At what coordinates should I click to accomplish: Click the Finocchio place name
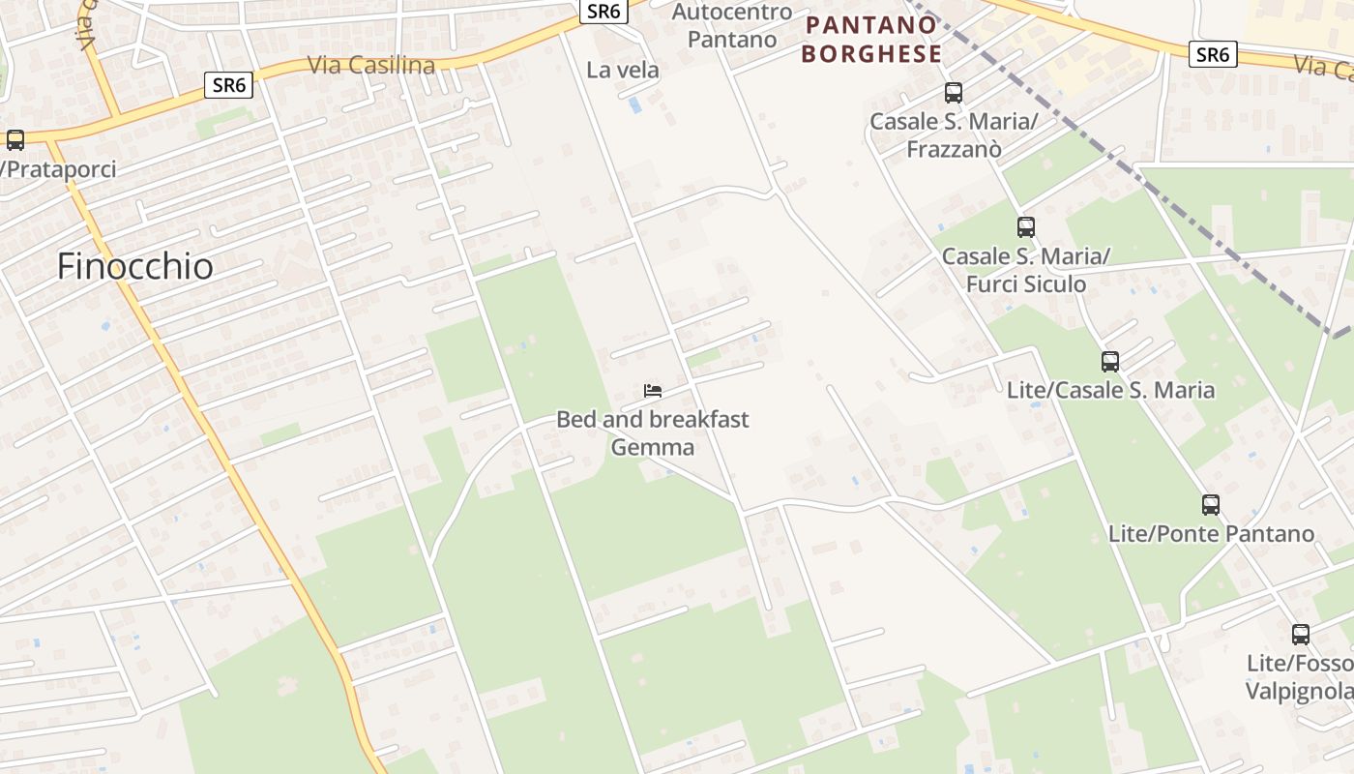[134, 266]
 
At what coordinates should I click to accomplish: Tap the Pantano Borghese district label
[871, 40]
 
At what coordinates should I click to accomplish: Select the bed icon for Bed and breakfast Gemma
[653, 391]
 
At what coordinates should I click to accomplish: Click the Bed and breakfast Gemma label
[653, 432]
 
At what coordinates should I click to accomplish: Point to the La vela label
[623, 70]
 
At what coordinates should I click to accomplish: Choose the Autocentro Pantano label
[732, 26]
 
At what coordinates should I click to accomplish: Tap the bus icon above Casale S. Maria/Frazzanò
[954, 93]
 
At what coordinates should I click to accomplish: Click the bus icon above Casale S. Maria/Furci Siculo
[1026, 227]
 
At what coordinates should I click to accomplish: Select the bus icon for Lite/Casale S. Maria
[1110, 362]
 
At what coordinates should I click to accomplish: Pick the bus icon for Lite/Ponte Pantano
[1211, 505]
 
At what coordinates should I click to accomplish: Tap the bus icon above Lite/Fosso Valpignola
[1301, 635]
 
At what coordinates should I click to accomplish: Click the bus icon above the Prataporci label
[15, 140]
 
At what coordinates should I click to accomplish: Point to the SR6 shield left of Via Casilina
[229, 85]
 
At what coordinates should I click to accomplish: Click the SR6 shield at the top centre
[604, 11]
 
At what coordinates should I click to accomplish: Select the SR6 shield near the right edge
[1212, 54]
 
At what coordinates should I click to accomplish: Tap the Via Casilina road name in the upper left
[371, 66]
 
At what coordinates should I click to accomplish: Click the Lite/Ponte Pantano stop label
[1211, 534]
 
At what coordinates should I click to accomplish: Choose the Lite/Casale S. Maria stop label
[1110, 390]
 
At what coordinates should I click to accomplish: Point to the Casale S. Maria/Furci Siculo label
[1026, 270]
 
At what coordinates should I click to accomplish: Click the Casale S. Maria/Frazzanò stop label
[954, 135]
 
